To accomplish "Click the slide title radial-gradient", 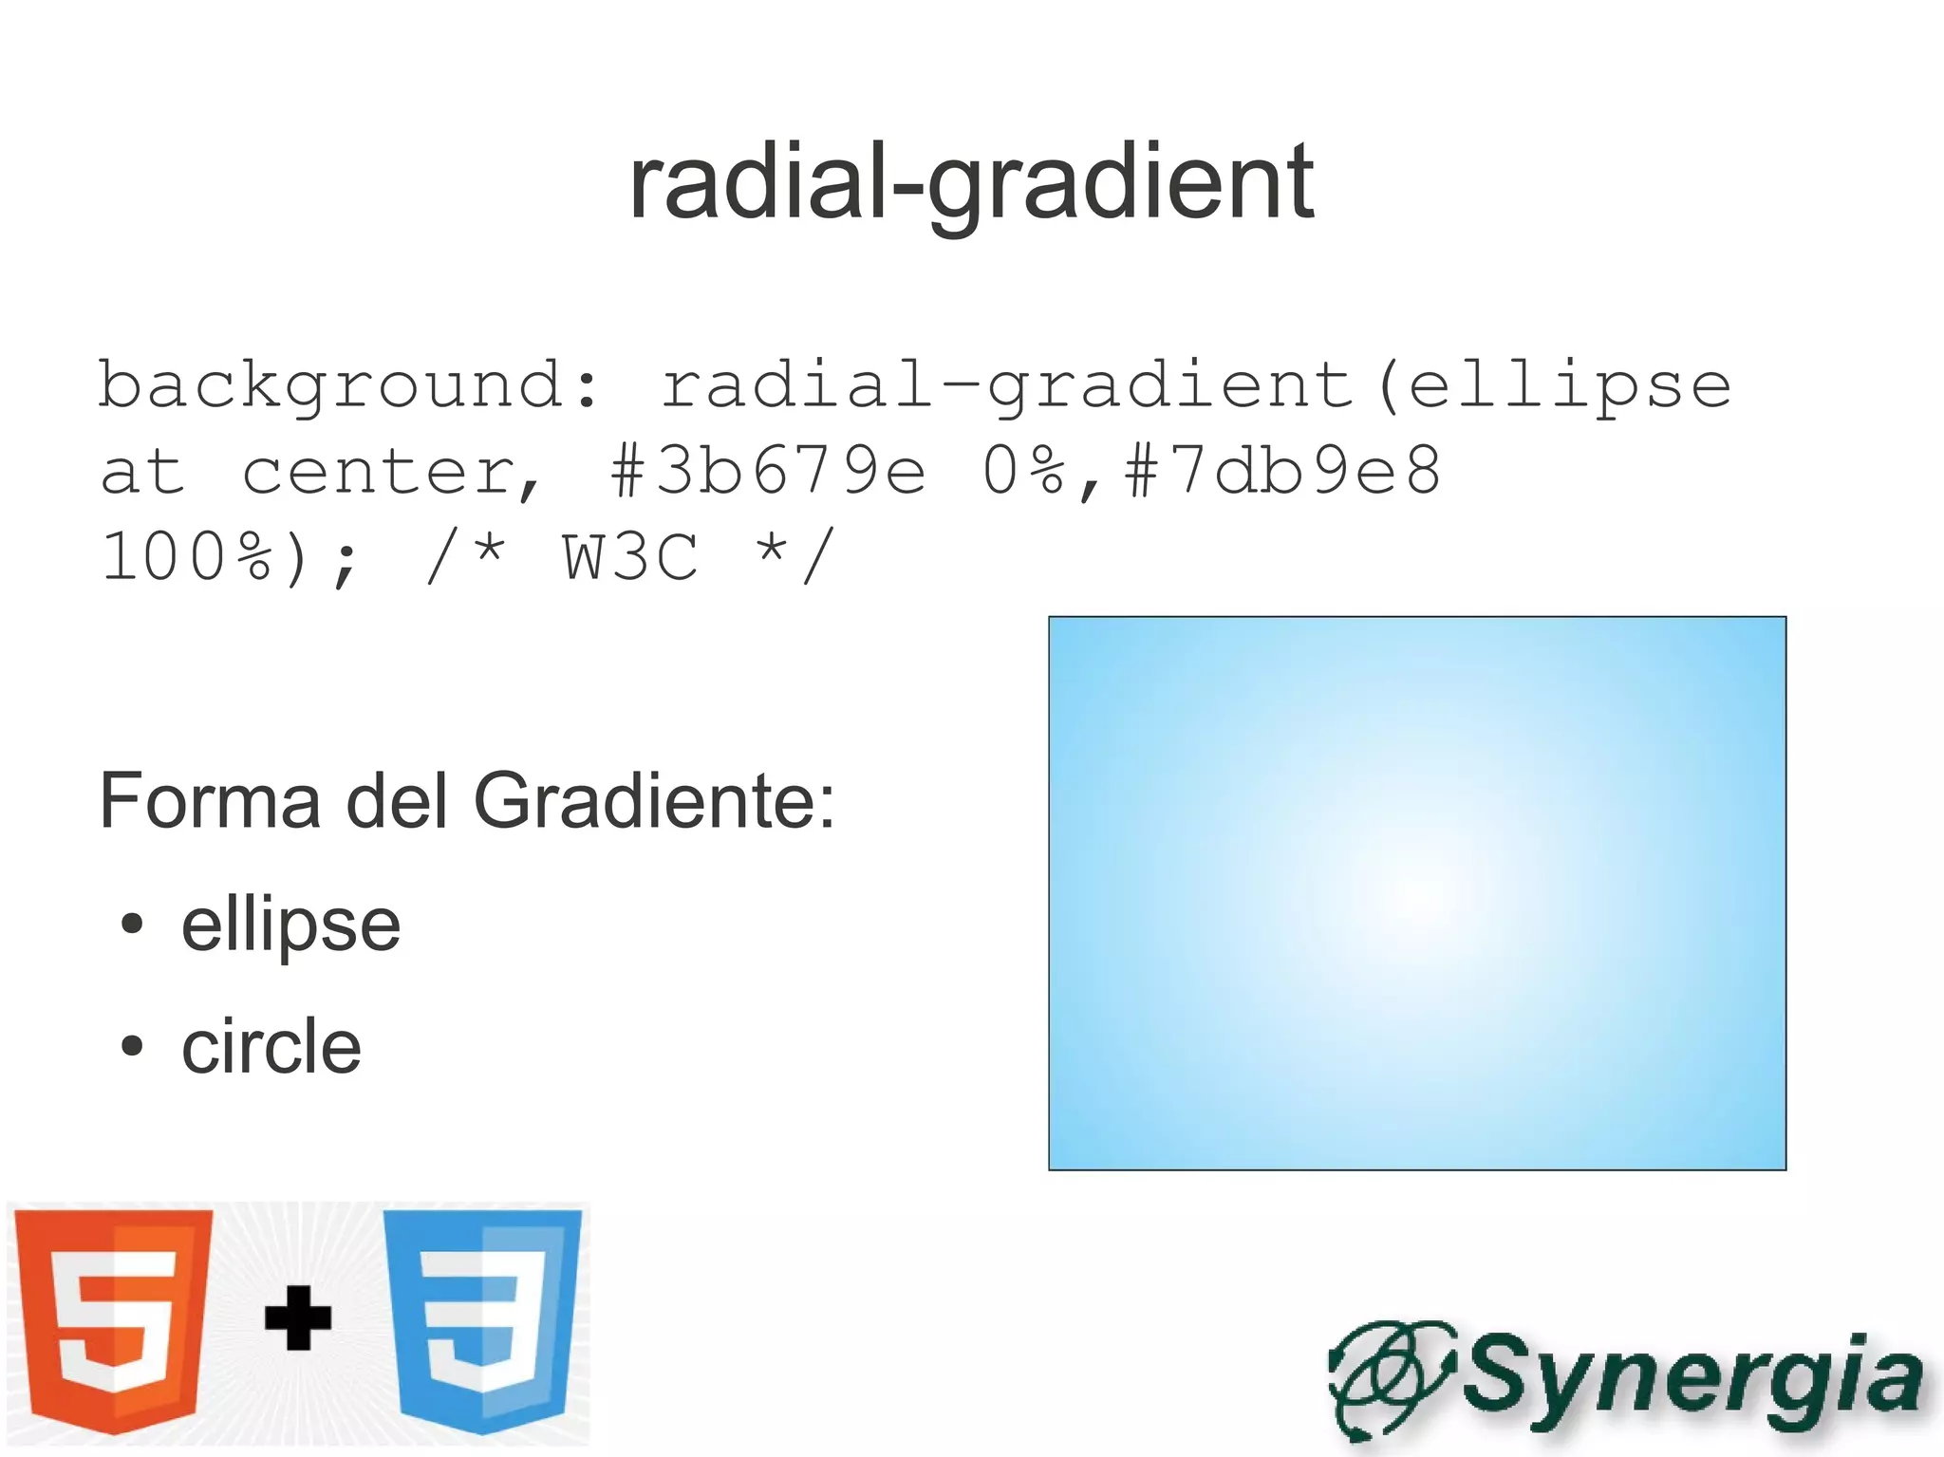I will coord(971,182).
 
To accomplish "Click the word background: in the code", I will coord(349,386).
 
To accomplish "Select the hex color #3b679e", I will coord(767,472).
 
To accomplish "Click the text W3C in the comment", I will coord(630,557).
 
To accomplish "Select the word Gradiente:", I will coord(654,801).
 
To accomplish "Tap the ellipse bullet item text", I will coord(290,925).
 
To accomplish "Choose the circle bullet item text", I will coord(271,1047).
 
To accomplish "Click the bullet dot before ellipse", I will coord(132,924).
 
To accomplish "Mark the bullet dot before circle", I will coord(132,1046).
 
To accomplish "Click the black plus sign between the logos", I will coord(298,1317).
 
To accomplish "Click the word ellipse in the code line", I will coord(1570,386).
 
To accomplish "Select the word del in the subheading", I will coord(396,801).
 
